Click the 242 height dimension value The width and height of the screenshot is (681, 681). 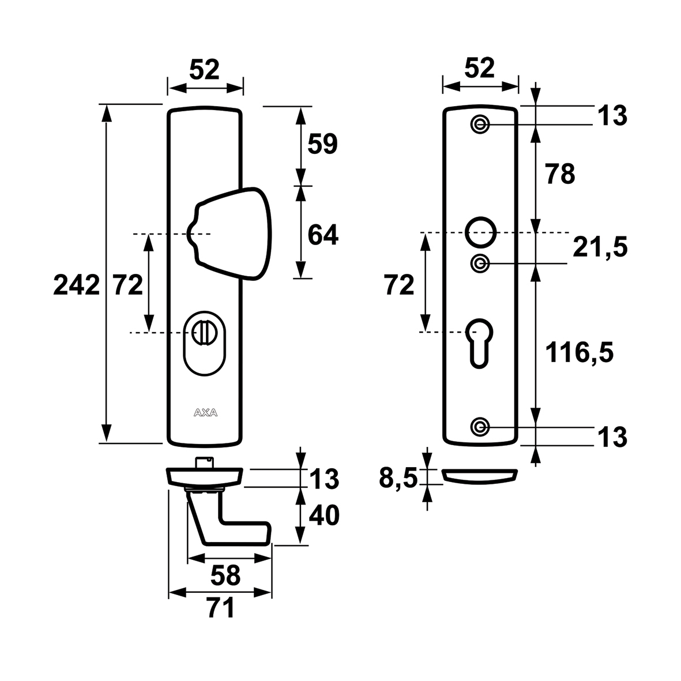77,286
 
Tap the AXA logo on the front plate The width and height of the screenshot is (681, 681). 205,413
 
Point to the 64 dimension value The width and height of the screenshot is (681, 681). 322,235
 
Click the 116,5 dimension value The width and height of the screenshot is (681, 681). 579,352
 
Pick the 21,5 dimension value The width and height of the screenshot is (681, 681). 600,247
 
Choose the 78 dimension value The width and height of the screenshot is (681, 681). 560,174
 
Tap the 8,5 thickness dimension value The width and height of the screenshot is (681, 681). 398,479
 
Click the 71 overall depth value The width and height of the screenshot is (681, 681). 221,608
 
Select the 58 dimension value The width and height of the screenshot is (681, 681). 225,575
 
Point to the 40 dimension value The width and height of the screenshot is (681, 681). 323,516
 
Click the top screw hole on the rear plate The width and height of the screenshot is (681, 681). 480,125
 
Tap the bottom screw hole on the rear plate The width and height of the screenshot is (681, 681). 480,427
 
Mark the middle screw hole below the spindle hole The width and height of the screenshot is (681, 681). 480,263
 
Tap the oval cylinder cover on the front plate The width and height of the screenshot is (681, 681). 205,343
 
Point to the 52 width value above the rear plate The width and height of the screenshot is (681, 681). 480,68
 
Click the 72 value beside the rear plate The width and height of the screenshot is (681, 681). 399,286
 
